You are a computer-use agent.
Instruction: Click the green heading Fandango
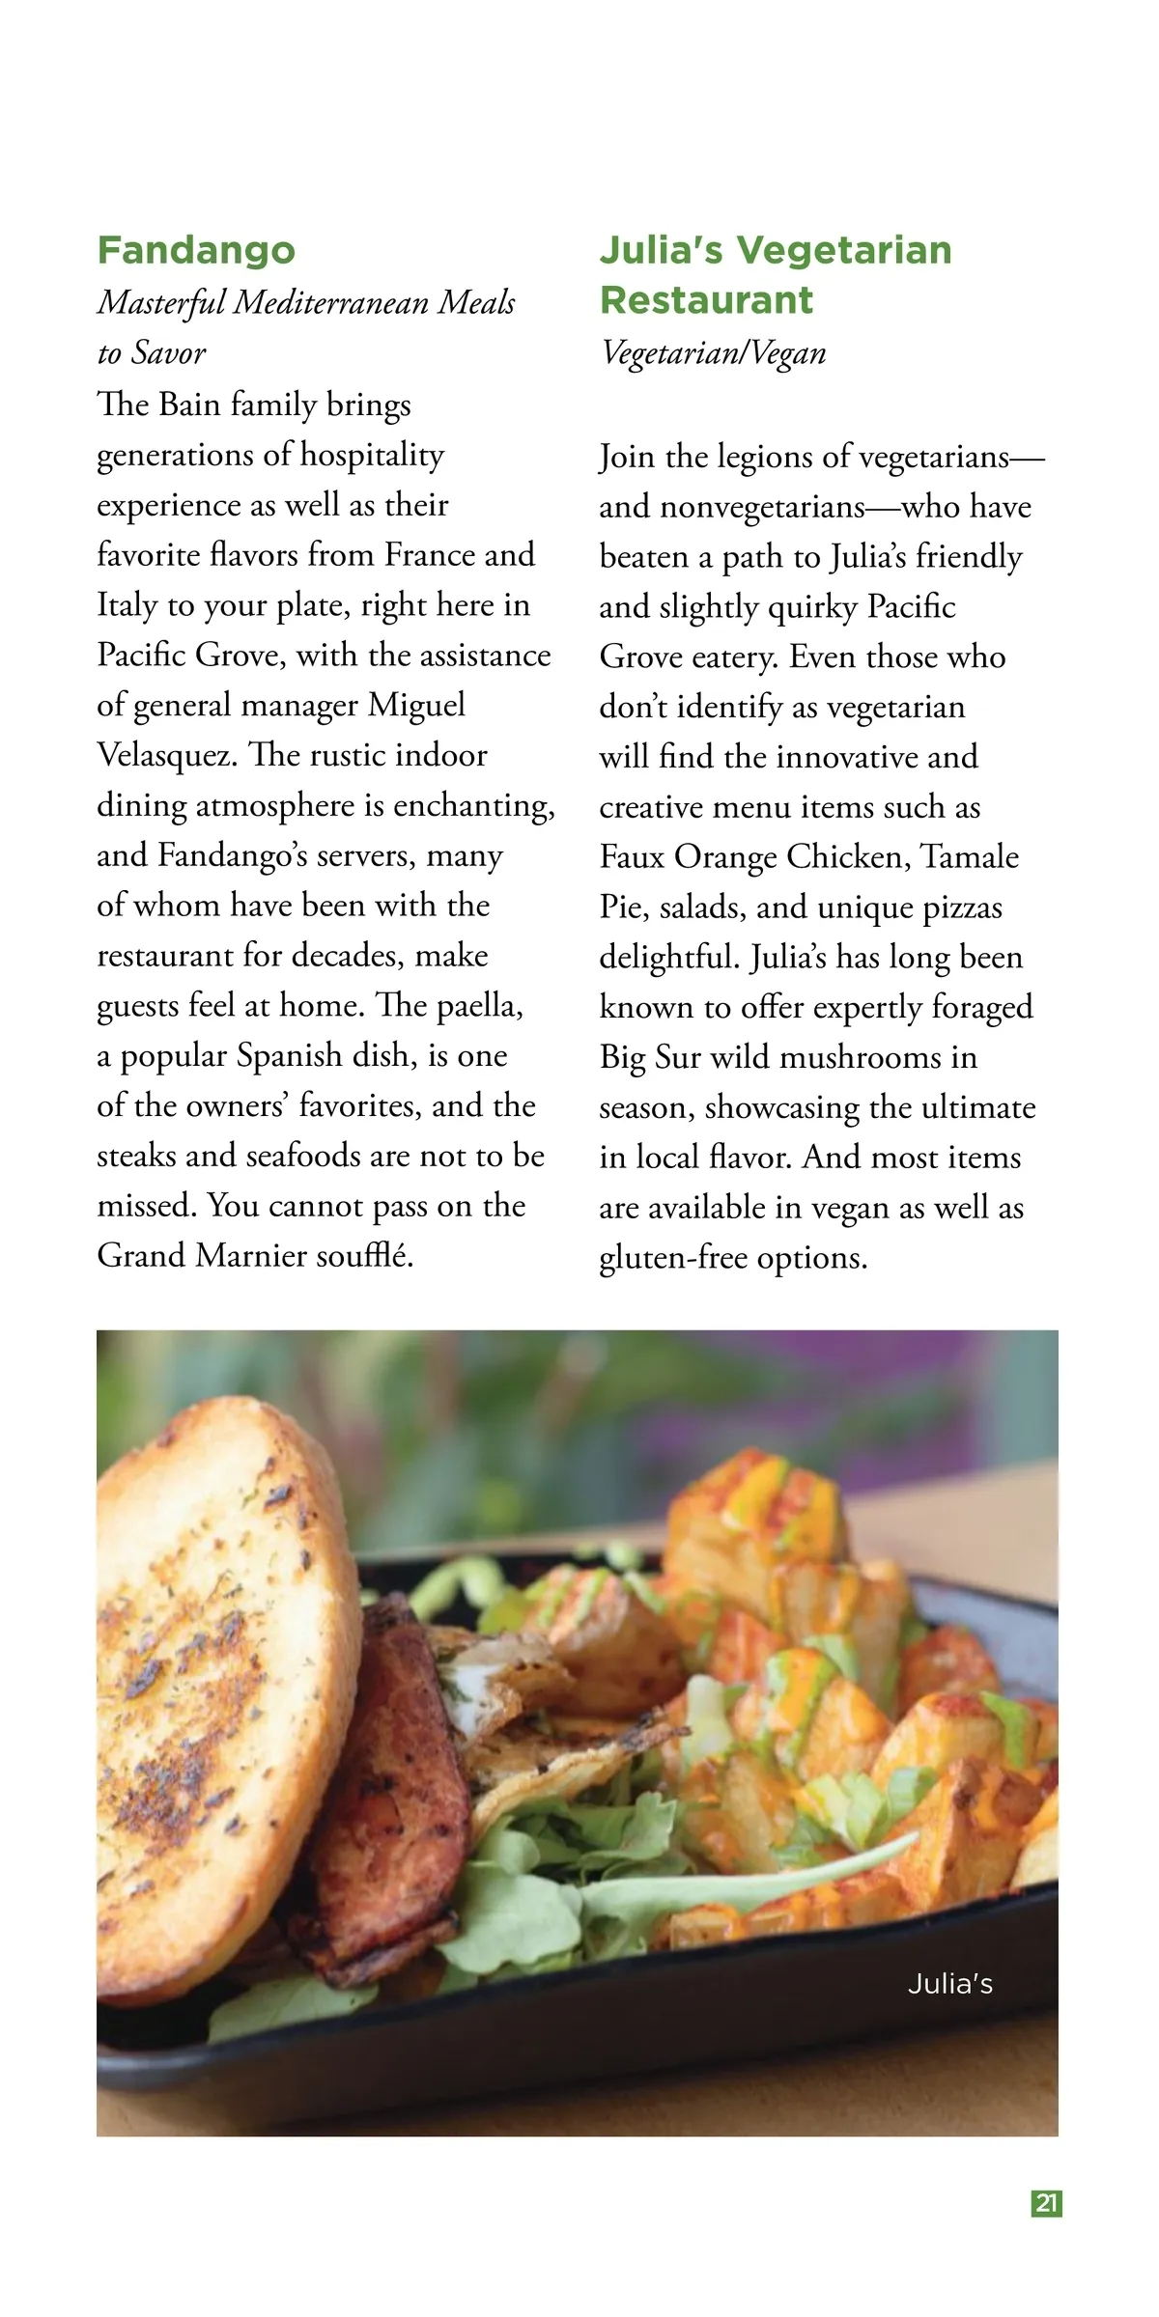[x=196, y=250]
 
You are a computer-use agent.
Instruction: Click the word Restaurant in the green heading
[x=706, y=300]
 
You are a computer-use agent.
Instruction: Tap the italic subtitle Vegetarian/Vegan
[x=713, y=353]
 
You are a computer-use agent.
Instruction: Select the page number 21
[x=1047, y=2204]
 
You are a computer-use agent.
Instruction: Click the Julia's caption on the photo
[x=950, y=1984]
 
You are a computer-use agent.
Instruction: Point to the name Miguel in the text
[x=416, y=706]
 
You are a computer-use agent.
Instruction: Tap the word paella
[x=480, y=1006]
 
